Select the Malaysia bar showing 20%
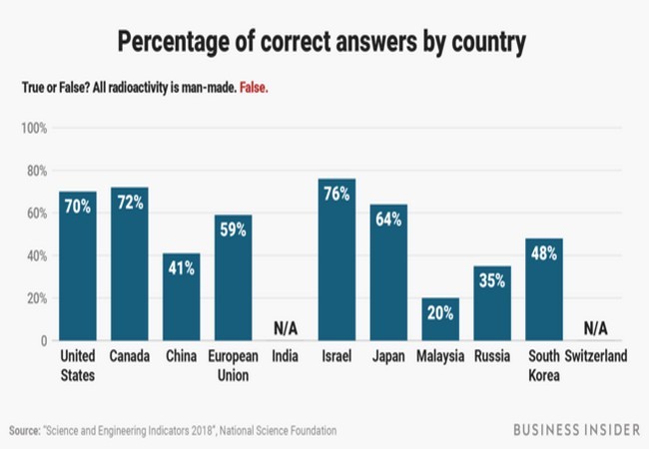pos(440,321)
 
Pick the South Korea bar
pos(544,294)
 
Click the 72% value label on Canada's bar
pos(130,203)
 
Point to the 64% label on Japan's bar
pos(388,220)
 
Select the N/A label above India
pos(286,329)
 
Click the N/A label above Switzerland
pos(596,329)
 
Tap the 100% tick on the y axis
pos(34,129)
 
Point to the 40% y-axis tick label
pos(36,255)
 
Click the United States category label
pos(78,365)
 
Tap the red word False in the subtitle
pos(253,88)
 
